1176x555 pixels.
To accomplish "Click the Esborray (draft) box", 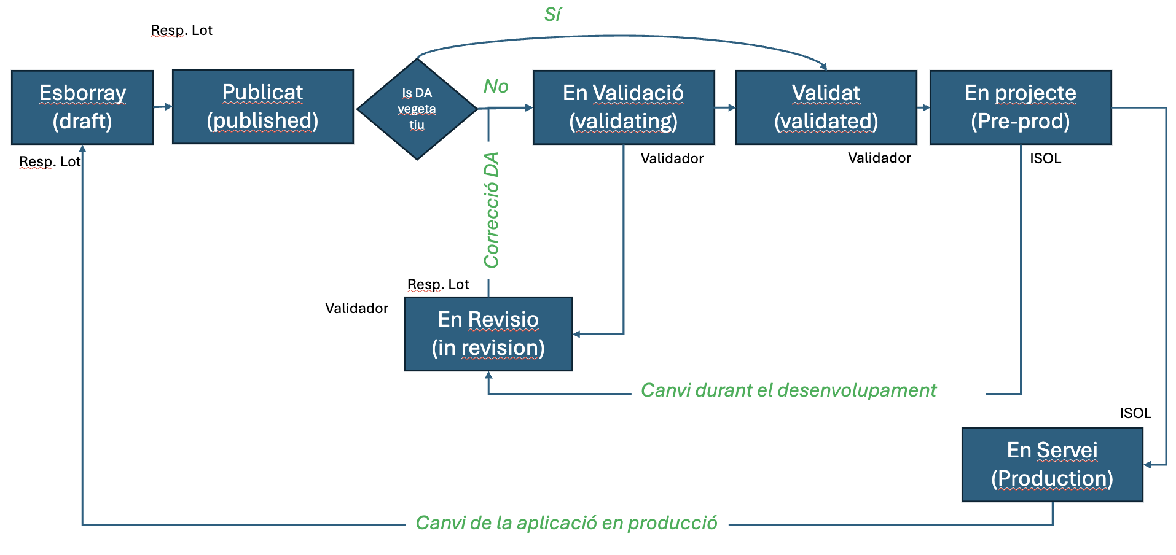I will coord(82,107).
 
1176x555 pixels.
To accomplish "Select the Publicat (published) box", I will coord(262,107).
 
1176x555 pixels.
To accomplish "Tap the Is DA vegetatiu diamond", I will coord(417,109).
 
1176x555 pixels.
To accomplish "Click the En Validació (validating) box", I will coord(623,107).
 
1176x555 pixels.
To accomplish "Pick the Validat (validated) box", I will coord(826,107).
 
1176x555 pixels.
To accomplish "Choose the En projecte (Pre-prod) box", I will coord(1020,107).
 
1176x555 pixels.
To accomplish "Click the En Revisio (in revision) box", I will coord(488,334).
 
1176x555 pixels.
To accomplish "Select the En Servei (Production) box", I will coord(1052,465).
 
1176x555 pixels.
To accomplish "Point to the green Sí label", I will coord(552,15).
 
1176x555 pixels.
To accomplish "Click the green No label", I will coord(496,87).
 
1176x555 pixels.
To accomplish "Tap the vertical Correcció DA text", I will coord(492,211).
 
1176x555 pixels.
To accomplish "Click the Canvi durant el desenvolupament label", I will coord(788,390).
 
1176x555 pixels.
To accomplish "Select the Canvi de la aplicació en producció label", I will coord(566,523).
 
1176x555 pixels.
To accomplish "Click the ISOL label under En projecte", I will coord(1045,158).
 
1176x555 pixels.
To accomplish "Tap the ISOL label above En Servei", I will coord(1135,413).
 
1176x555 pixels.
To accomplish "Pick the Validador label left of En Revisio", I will coord(356,308).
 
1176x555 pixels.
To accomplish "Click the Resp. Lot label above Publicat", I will coord(181,30).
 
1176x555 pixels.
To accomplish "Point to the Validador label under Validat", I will coord(879,158).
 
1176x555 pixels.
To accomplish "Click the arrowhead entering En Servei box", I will coord(1147,465).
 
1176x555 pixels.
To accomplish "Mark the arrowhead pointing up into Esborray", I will coord(82,149).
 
